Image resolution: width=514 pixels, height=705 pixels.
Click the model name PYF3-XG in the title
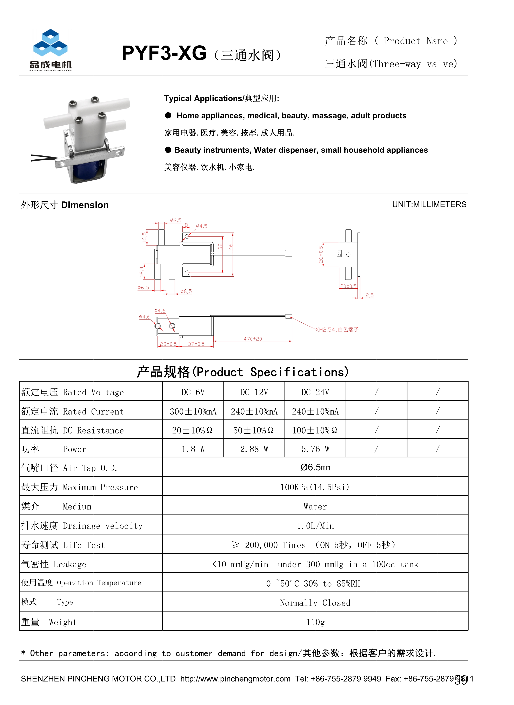[164, 53]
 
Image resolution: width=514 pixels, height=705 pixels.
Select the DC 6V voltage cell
[193, 392]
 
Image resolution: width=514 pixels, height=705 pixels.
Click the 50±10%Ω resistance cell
[254, 430]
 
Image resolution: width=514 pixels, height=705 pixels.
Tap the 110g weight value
[315, 622]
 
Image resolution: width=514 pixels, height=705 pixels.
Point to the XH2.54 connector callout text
[337, 329]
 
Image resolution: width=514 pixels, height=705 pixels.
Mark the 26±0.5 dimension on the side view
[321, 255]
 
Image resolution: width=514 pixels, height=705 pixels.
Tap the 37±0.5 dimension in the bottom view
[196, 344]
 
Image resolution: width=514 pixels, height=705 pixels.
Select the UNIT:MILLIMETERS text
[429, 204]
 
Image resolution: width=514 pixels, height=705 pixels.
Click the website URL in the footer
[235, 679]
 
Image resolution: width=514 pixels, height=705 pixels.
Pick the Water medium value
[315, 506]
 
